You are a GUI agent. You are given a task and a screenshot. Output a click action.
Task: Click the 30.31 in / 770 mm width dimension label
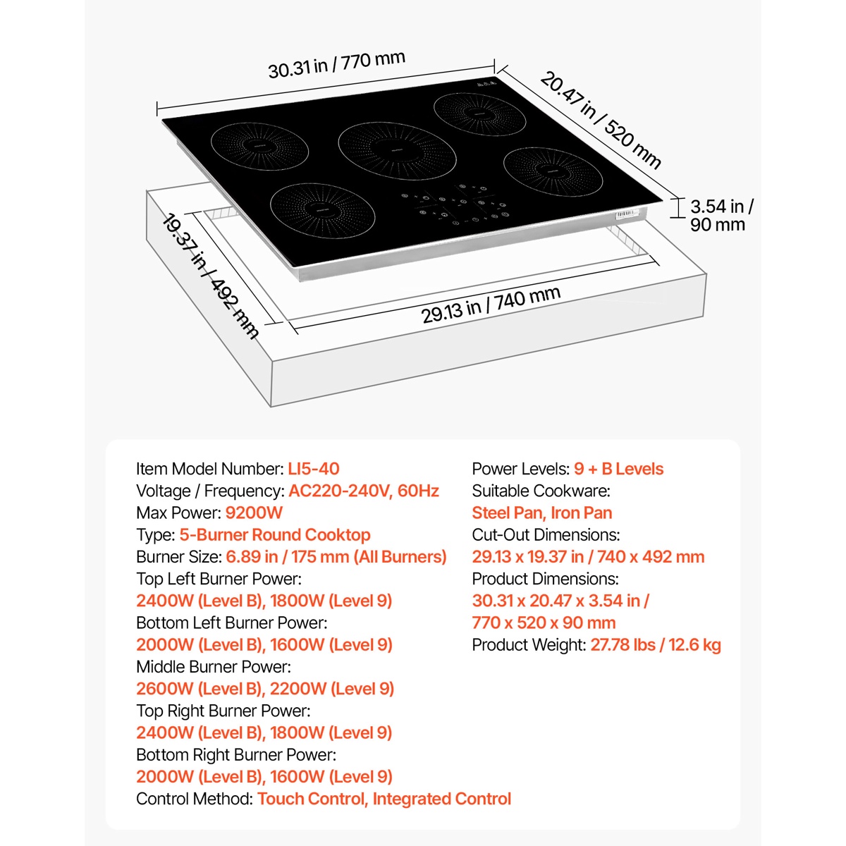point(336,65)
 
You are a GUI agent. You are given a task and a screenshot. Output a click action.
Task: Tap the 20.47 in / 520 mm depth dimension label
point(600,120)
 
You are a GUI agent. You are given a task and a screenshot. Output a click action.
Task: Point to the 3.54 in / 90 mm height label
point(721,215)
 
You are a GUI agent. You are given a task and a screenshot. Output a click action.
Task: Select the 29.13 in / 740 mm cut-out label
point(491,305)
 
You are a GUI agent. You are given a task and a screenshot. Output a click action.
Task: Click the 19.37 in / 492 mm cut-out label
point(210,276)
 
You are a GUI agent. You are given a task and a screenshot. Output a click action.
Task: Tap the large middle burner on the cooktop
point(398,151)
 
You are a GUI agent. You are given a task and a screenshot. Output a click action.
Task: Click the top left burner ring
point(259,146)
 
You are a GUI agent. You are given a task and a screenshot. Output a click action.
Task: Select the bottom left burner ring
point(322,211)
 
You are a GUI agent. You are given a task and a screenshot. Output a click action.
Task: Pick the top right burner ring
point(480,114)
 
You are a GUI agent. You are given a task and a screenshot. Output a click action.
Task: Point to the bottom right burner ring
point(553,172)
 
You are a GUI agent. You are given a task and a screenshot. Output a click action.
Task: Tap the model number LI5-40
point(314,469)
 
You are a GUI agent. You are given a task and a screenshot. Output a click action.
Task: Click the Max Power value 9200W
point(254,513)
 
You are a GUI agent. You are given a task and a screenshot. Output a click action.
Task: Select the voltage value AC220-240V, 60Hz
point(364,491)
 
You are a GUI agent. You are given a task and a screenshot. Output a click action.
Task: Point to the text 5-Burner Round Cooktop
point(275,534)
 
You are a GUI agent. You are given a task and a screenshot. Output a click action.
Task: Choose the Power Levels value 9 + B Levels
point(618,469)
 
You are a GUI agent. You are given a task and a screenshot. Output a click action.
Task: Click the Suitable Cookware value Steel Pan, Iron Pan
point(541,513)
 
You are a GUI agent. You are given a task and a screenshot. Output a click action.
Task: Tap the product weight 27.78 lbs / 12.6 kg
point(656,645)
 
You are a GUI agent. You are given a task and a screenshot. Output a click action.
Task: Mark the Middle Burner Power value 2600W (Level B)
point(200,689)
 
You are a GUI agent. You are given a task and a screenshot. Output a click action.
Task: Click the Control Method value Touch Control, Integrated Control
point(384,799)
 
